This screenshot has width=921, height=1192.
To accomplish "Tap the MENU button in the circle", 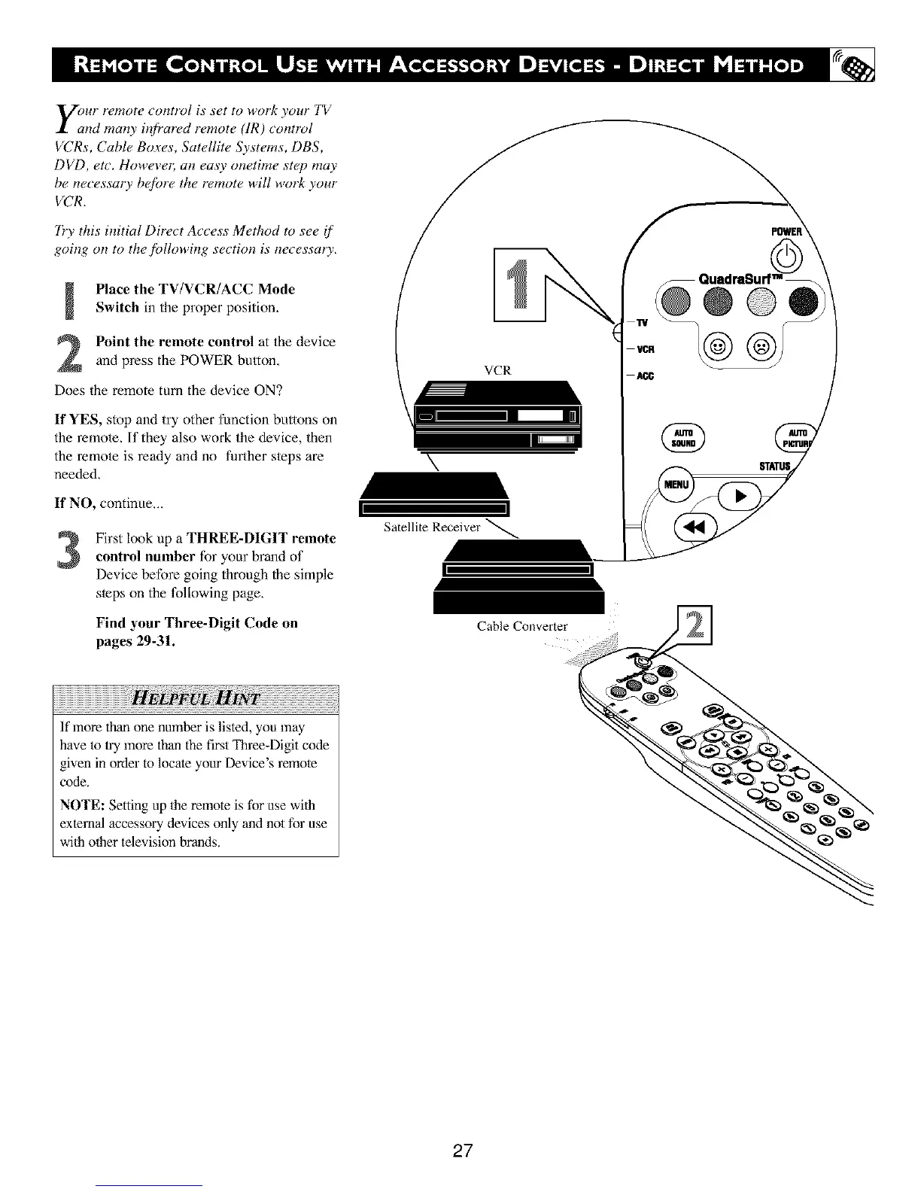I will click(674, 485).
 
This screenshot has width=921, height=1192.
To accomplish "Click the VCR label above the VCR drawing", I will click(497, 370).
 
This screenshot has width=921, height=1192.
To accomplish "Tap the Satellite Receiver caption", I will click(431, 527).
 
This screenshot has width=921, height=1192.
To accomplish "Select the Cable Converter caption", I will click(521, 626).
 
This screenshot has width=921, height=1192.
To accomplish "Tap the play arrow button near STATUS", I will click(740, 495).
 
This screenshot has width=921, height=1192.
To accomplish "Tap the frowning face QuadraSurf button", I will click(761, 348).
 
